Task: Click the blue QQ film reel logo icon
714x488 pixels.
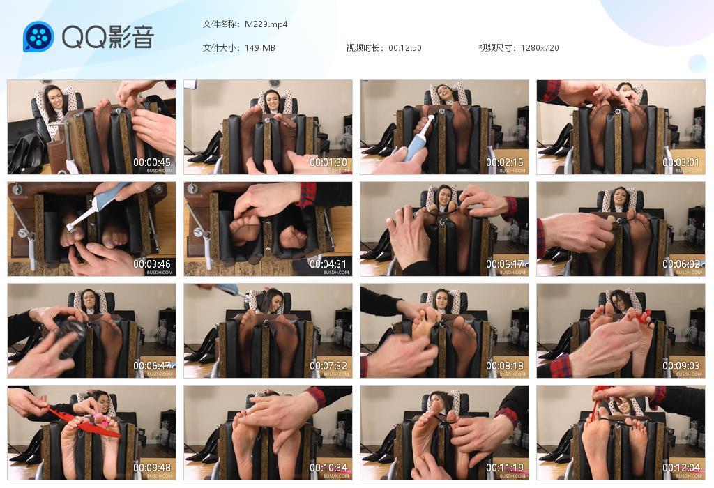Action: click(38, 37)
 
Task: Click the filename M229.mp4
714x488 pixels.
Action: click(266, 24)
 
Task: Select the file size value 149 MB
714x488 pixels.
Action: click(259, 48)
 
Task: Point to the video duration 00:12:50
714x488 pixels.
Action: click(404, 48)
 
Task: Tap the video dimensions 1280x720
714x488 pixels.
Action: click(539, 48)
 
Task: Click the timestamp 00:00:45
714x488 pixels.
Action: click(153, 162)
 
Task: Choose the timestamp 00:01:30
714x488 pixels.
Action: click(329, 162)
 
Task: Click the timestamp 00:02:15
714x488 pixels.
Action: click(506, 162)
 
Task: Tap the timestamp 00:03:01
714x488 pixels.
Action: click(682, 162)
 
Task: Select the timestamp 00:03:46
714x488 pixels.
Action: click(153, 264)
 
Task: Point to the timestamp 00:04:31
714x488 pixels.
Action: click(329, 264)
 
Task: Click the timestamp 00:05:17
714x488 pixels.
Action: click(506, 264)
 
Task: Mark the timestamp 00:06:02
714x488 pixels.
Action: click(682, 264)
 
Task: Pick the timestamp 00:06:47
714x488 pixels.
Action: click(153, 366)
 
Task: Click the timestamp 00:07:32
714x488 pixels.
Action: click(329, 366)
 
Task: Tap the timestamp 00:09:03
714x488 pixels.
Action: click(682, 366)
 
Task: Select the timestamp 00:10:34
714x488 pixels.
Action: click(329, 468)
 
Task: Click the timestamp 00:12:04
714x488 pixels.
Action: click(682, 468)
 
